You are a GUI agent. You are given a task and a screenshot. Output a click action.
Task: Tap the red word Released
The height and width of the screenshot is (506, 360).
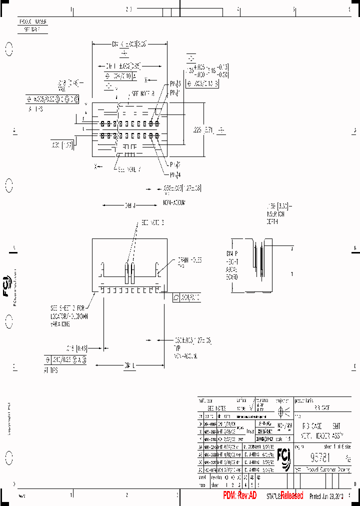click(x=291, y=495)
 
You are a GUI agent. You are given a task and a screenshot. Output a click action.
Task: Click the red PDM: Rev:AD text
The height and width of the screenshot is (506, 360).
click(x=240, y=495)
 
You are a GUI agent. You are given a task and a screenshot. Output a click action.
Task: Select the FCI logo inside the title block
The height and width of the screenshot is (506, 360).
click(x=286, y=458)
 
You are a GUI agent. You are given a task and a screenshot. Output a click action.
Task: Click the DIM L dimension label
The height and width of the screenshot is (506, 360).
click(x=129, y=366)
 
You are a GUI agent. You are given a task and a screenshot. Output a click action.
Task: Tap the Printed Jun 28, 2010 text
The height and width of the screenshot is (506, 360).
click(x=326, y=496)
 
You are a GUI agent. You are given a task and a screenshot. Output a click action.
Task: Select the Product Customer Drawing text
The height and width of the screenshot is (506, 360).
click(x=324, y=470)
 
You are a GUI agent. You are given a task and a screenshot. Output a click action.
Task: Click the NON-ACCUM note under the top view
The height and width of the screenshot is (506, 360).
click(x=174, y=202)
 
